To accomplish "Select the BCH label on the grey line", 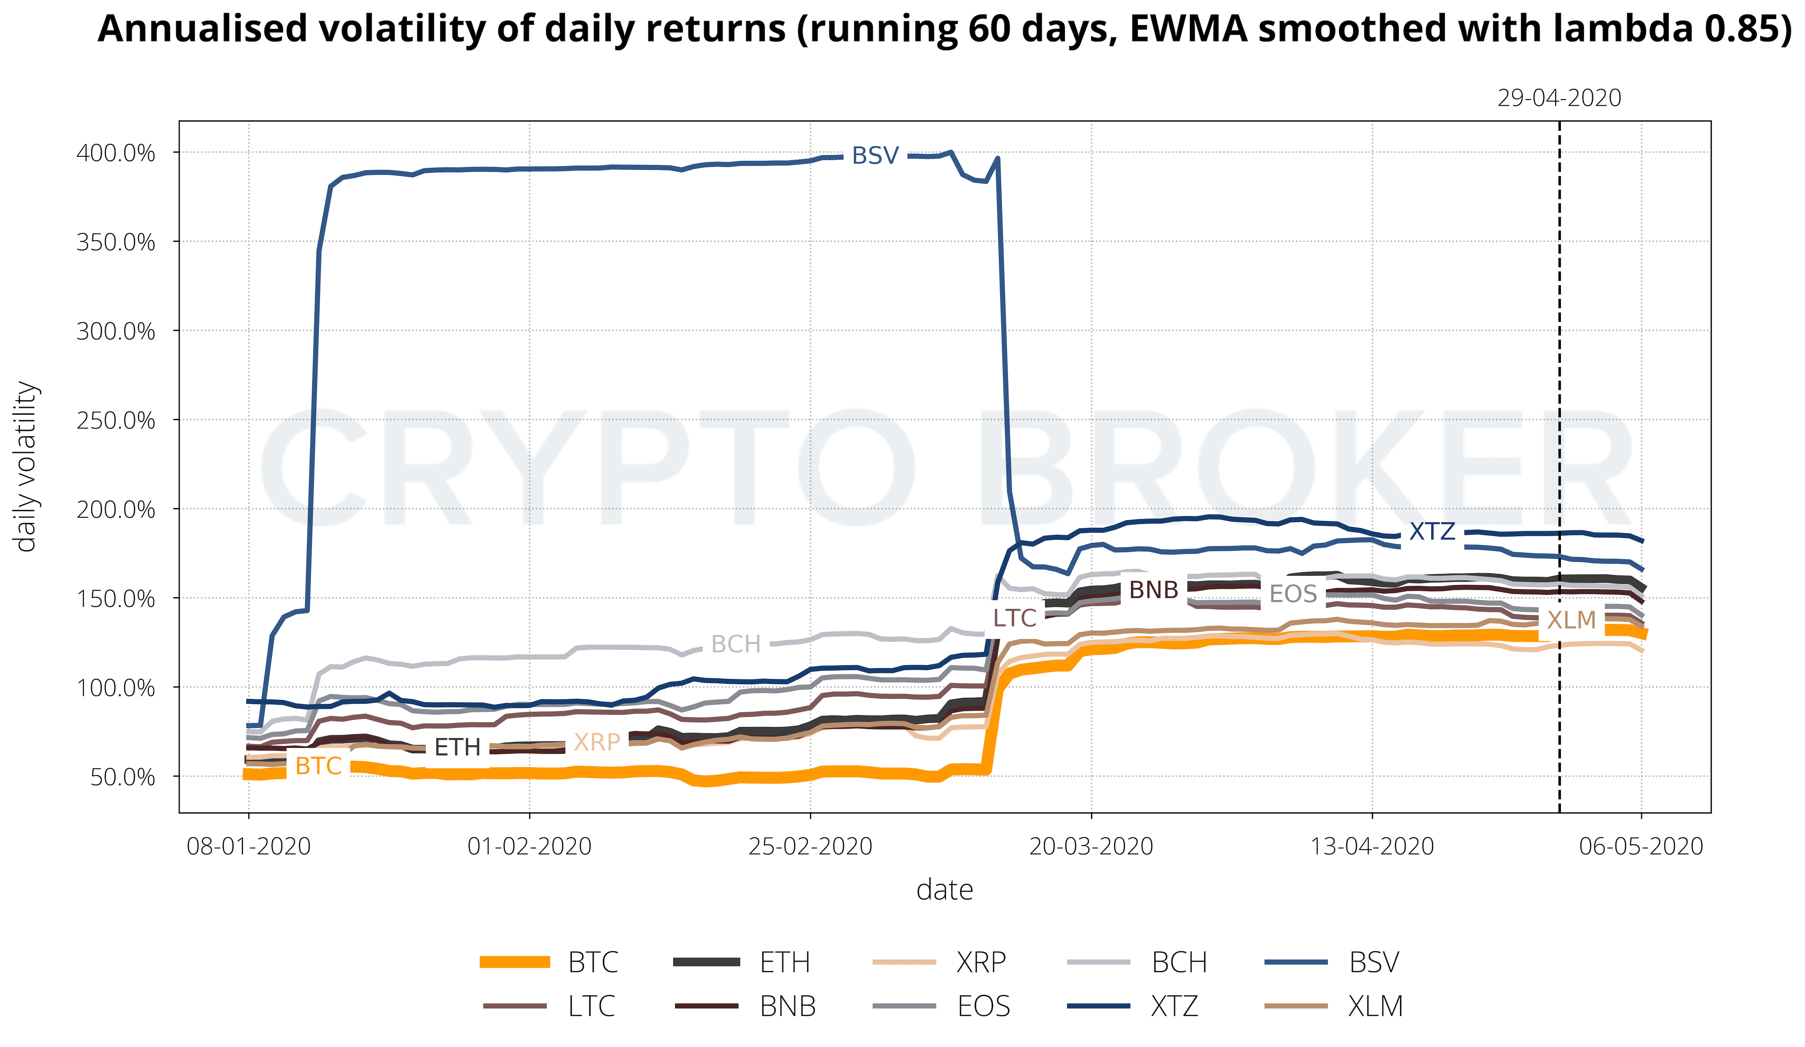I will pos(736,644).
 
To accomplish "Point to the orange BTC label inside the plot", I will pos(318,766).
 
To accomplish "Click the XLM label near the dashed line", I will pos(1571,620).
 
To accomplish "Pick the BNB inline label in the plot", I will pos(1153,590).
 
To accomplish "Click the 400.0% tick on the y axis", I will pos(116,153).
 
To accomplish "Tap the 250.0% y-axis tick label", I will pos(116,420).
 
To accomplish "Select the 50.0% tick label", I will pos(122,777).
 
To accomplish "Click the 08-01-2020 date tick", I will pos(248,847).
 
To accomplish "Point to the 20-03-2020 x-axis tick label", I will pos(1091,847).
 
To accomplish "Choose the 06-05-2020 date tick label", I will pos(1641,847).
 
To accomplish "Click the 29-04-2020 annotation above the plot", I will pos(1559,98).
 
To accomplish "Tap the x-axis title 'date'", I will pos(945,890).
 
